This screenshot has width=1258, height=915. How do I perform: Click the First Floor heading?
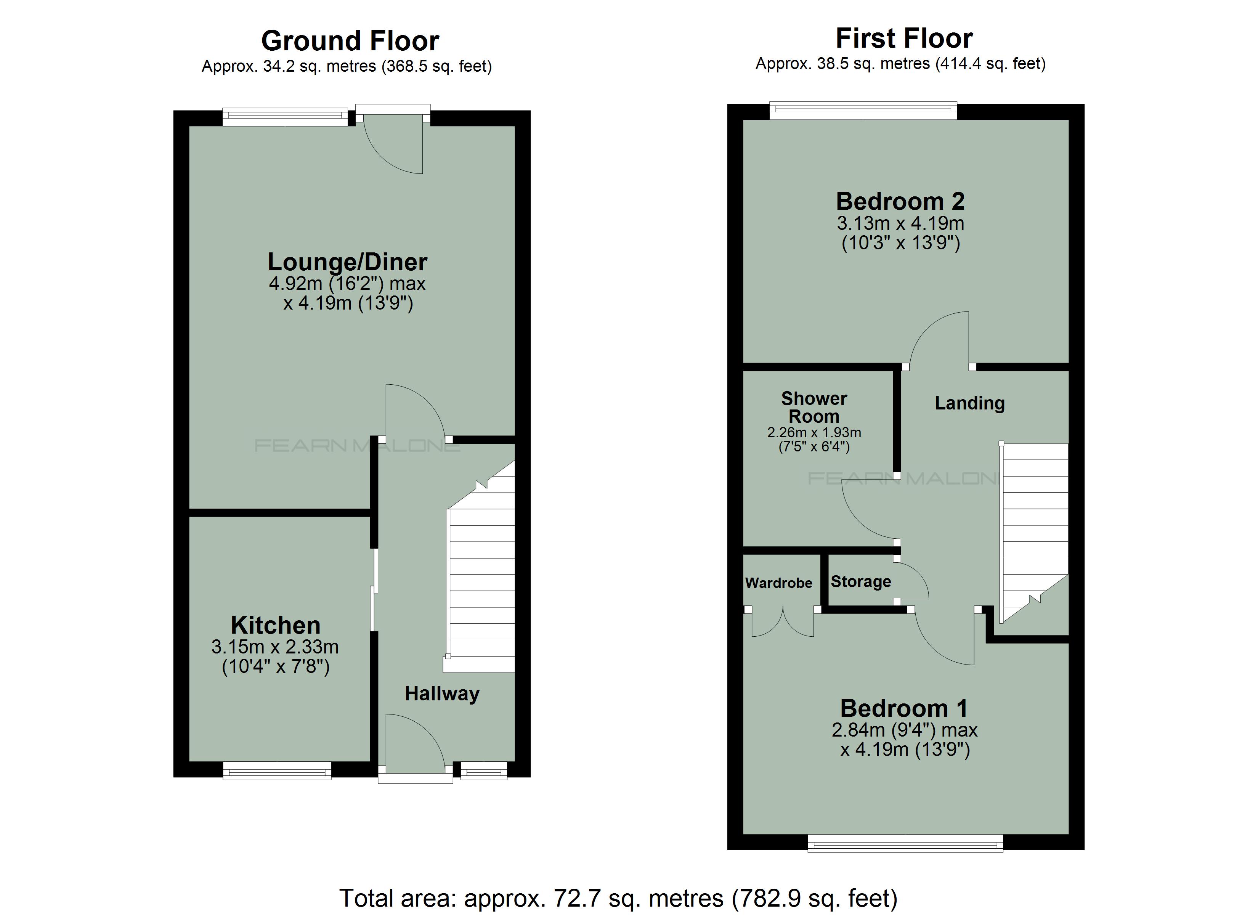[x=904, y=38]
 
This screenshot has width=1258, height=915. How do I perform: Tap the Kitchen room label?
[x=276, y=625]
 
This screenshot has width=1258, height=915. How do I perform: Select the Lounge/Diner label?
[x=348, y=262]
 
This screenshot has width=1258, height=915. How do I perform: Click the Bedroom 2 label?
[x=900, y=201]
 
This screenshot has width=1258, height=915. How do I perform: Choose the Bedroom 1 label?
[x=904, y=709]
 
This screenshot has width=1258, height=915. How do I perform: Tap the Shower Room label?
[x=814, y=407]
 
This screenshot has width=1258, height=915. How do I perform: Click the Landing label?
[x=969, y=403]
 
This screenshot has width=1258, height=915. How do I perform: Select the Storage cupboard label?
[x=861, y=581]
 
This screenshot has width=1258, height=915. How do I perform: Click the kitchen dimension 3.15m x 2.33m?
[x=275, y=647]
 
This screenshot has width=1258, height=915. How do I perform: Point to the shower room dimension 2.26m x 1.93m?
[x=814, y=433]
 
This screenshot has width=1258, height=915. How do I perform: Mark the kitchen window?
[x=277, y=770]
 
